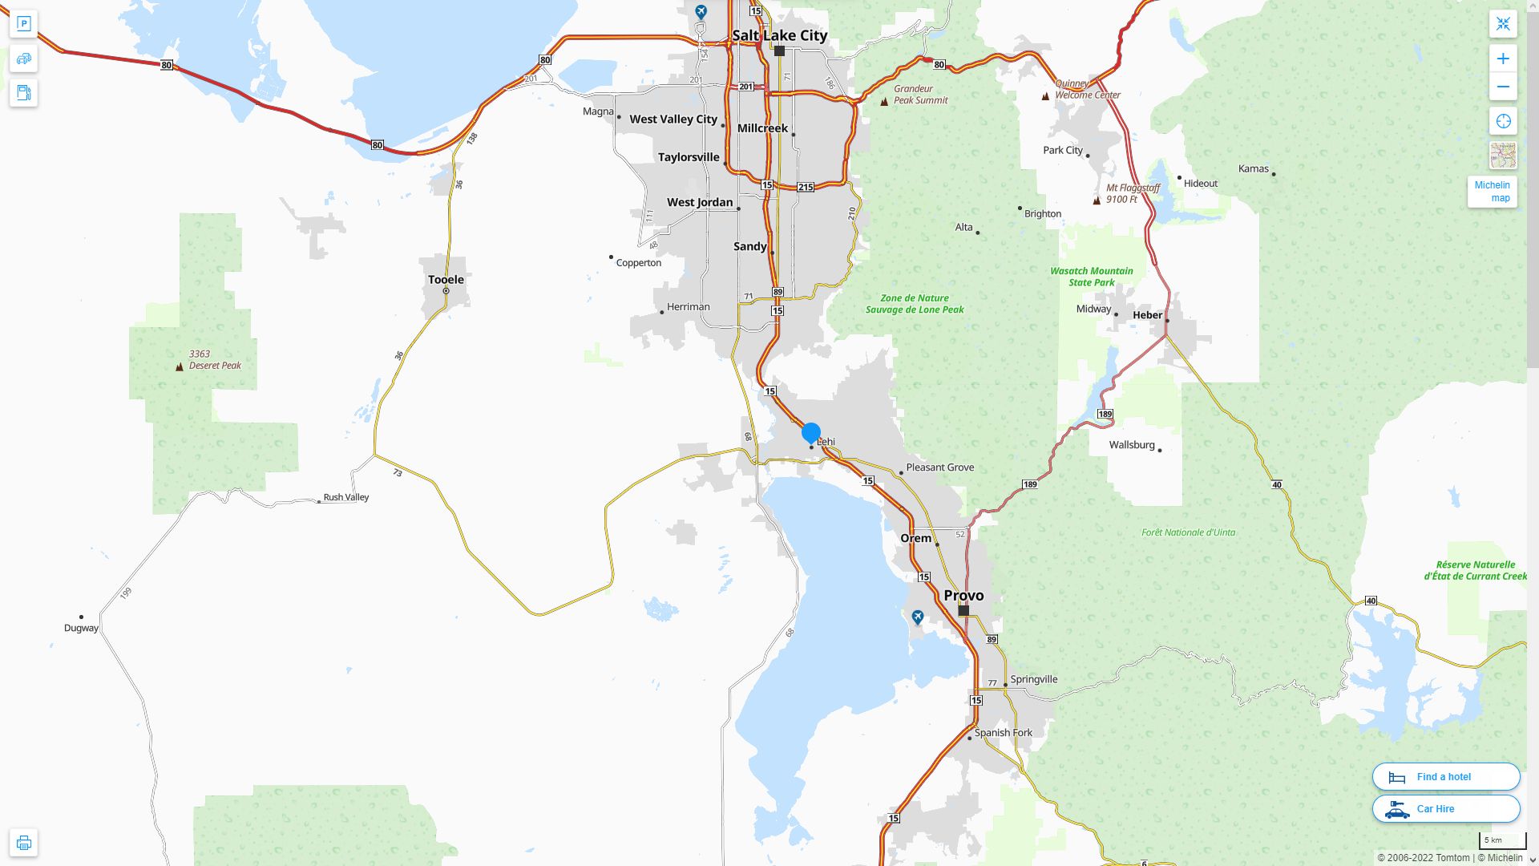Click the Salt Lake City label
(779, 35)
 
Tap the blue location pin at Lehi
(810, 433)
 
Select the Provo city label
(963, 595)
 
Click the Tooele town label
(446, 279)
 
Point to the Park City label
(1063, 150)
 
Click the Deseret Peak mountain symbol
(179, 366)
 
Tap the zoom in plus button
(1503, 59)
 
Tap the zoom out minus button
(1503, 87)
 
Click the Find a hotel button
(1445, 776)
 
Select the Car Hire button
(1445, 808)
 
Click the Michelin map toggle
(1492, 192)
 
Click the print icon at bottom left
(23, 842)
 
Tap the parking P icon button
(23, 24)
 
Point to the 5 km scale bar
(1502, 840)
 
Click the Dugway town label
(81, 628)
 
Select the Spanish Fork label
(1003, 732)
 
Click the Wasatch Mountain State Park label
(1091, 277)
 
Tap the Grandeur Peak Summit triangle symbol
(884, 101)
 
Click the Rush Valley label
(345, 497)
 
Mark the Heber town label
(1147, 315)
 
